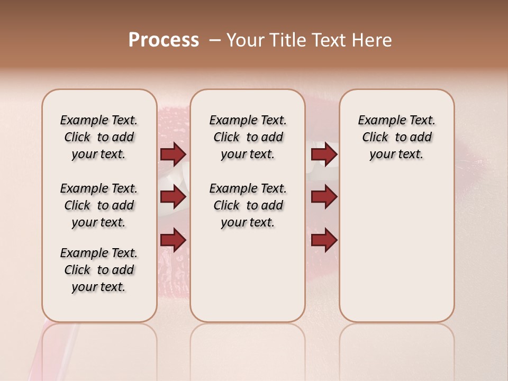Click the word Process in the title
(x=164, y=40)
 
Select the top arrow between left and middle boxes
(x=173, y=154)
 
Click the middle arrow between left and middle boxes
(x=173, y=197)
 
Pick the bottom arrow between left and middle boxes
(x=173, y=240)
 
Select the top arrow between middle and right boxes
(x=324, y=154)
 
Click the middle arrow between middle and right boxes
(x=324, y=197)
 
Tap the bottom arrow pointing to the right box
(x=324, y=240)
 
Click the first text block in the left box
(x=99, y=137)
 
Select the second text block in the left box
(x=99, y=205)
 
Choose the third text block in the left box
(x=99, y=270)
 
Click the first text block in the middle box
(x=248, y=137)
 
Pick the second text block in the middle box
(x=248, y=205)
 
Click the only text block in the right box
(x=396, y=137)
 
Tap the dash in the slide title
(x=215, y=40)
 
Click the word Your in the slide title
(x=246, y=40)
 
